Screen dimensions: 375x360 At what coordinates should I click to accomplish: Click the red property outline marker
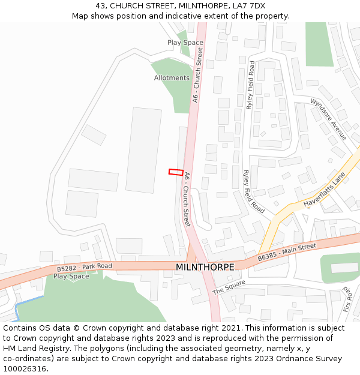176,172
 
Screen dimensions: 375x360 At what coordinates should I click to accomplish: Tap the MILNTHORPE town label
205,266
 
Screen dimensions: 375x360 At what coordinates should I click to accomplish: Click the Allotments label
172,78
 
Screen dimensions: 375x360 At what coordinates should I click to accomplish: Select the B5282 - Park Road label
84,266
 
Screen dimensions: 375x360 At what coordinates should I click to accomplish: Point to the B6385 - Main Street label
286,252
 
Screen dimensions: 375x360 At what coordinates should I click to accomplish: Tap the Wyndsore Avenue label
328,119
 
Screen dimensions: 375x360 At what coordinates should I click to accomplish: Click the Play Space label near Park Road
71,276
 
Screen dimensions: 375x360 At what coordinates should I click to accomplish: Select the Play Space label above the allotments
185,43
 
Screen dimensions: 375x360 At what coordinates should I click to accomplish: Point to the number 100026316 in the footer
24,368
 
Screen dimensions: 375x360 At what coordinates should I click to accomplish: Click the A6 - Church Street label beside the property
187,199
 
